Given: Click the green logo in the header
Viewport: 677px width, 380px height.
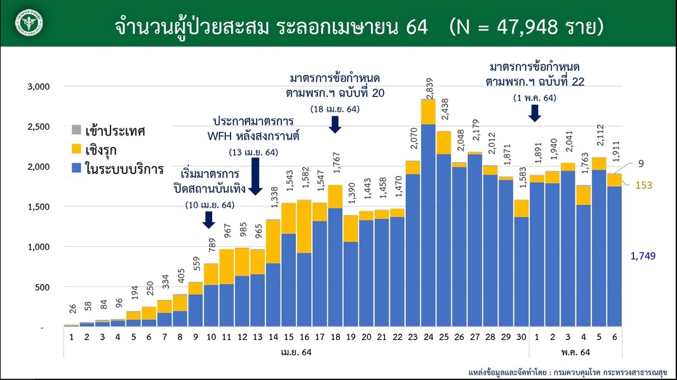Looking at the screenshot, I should pos(28,23).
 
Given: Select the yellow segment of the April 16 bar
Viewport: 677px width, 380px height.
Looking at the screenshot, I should pos(304,226).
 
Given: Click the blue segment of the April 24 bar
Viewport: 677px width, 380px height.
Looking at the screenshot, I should pos(428,222).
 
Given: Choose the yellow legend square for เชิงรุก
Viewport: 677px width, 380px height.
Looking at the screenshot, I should pos(76,151).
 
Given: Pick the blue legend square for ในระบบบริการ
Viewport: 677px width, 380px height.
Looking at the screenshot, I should pos(76,170).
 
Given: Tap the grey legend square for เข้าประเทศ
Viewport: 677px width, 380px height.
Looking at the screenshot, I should pos(76,132).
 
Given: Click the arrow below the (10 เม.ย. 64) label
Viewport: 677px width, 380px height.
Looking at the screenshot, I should pos(209,220).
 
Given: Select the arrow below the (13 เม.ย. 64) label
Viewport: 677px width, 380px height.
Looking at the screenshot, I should pos(255,176).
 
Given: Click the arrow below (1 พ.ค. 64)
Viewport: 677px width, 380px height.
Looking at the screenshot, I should pos(535,112).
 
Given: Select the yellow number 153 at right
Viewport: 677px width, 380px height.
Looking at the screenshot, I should pos(644,185).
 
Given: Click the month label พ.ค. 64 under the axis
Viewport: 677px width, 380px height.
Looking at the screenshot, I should pos(577,351).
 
